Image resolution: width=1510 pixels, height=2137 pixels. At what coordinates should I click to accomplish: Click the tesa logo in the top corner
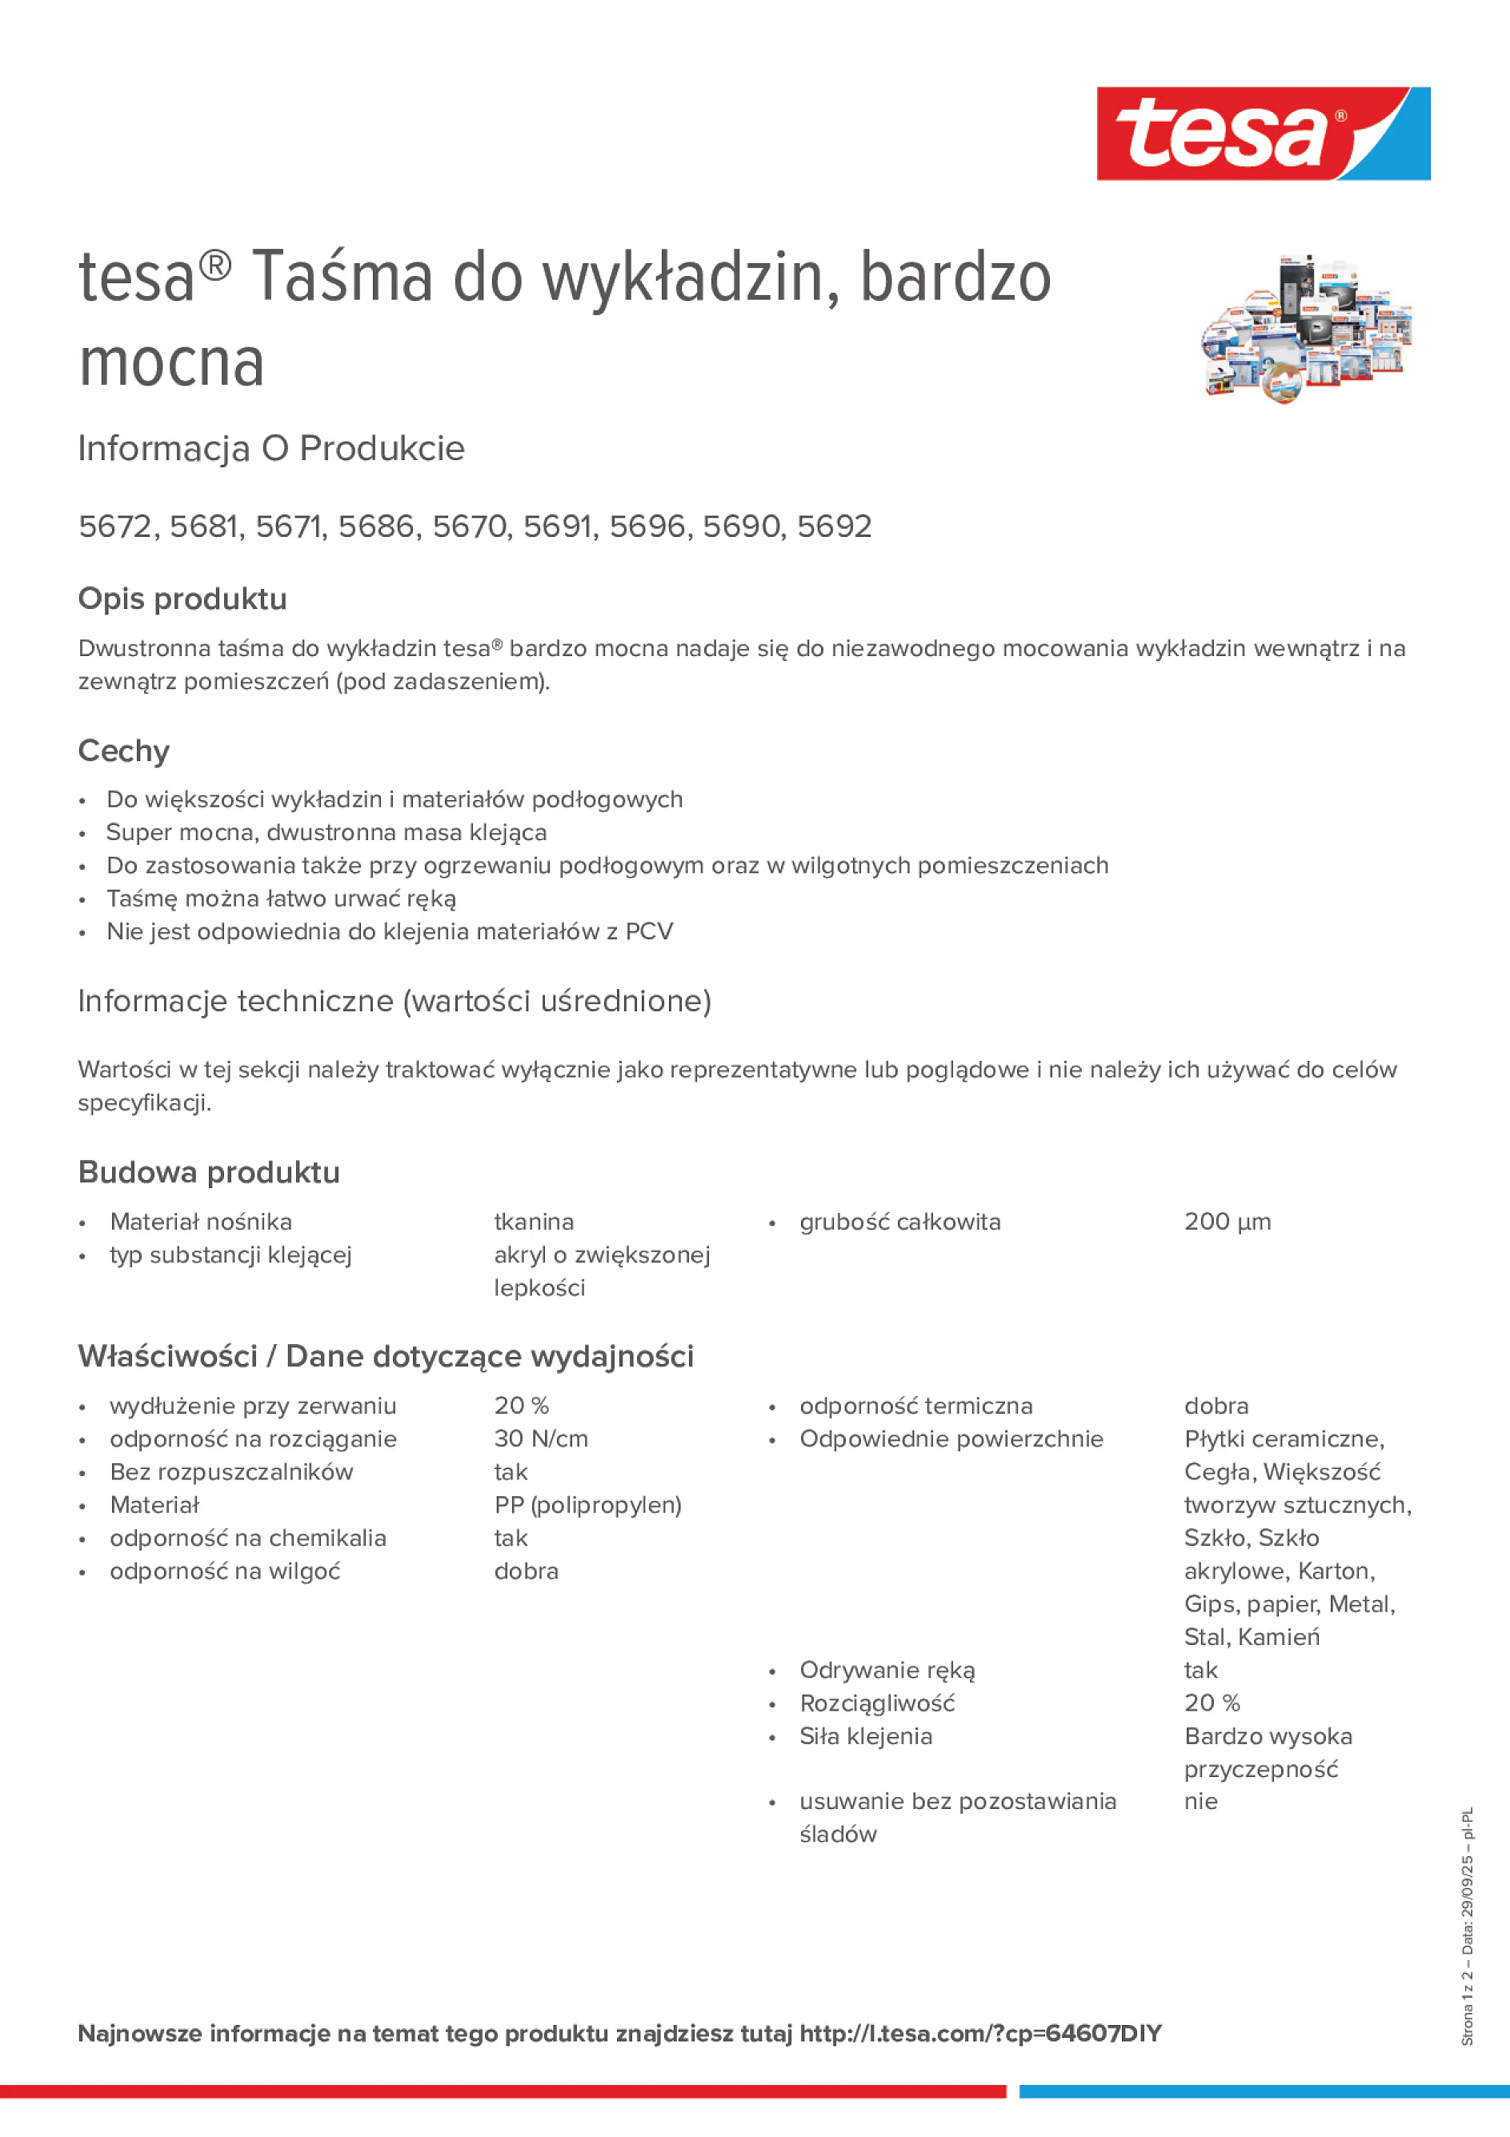(1263, 134)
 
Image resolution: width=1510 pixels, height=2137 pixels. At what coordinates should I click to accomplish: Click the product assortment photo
(1305, 329)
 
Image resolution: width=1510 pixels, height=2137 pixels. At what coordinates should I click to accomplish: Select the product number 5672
(114, 526)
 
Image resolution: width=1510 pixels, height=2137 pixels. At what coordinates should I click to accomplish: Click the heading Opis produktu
(182, 598)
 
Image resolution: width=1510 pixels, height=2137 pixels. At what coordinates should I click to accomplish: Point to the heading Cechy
(124, 750)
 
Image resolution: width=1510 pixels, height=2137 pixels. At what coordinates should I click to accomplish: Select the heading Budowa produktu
(209, 1172)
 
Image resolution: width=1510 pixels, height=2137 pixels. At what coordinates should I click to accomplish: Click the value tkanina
(534, 1221)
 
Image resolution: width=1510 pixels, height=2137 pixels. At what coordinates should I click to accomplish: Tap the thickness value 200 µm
(1227, 1221)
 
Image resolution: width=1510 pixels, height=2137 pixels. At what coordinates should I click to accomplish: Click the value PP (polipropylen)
(587, 1504)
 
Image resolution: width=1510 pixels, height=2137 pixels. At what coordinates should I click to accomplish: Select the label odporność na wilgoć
(224, 1571)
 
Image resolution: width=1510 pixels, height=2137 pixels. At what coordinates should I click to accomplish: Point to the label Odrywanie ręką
(887, 1670)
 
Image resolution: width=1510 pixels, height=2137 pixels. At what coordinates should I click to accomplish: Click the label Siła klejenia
(865, 1736)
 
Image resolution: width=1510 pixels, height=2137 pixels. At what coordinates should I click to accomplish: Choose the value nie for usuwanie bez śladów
(1200, 1801)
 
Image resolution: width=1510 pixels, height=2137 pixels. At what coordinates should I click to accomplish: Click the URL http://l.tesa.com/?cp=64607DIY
(980, 2034)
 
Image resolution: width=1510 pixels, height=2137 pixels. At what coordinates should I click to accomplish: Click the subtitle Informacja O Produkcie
(271, 449)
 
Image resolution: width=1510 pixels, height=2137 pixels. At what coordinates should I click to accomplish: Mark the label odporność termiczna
(915, 1406)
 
